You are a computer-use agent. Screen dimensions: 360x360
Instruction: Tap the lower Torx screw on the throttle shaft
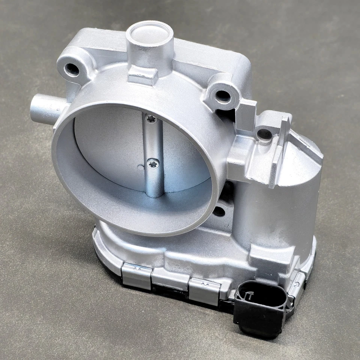(153, 163)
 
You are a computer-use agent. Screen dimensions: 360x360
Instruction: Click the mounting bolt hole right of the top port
(223, 96)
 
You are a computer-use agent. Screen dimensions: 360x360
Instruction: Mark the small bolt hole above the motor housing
(265, 134)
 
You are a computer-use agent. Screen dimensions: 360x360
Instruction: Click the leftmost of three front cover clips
(136, 276)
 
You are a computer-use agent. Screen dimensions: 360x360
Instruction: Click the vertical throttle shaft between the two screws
(153, 141)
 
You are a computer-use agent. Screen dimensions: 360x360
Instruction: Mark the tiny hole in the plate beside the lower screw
(141, 167)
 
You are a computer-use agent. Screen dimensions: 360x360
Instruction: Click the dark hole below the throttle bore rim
(219, 211)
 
